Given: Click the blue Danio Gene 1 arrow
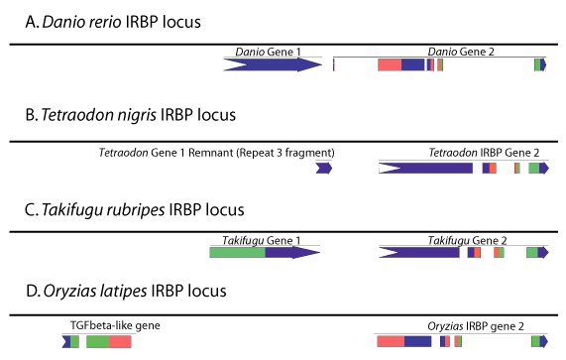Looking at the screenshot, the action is point(273,65).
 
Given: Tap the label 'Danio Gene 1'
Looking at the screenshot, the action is point(268,52).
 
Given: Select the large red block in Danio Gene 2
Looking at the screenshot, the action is point(390,65).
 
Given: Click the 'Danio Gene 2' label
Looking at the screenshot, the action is point(461,52).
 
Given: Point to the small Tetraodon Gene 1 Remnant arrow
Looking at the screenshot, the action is point(324,168).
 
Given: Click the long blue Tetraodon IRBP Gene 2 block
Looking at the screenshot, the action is point(425,168).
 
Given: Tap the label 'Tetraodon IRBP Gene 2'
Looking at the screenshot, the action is point(484,153).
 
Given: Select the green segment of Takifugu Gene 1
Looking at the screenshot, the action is point(238,252).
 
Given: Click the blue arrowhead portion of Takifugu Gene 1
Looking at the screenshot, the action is point(292,252).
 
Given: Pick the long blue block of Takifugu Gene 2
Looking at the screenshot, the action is point(419,253).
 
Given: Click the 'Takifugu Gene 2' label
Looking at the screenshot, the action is point(468,240).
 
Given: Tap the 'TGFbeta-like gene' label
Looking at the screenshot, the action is point(115,325).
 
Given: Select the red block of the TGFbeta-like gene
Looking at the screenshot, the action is point(120,341).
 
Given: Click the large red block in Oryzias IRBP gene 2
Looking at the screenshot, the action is point(391,341).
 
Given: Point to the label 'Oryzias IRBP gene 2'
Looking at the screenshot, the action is point(476,326).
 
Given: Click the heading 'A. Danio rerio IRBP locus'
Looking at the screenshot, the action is point(113,22).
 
